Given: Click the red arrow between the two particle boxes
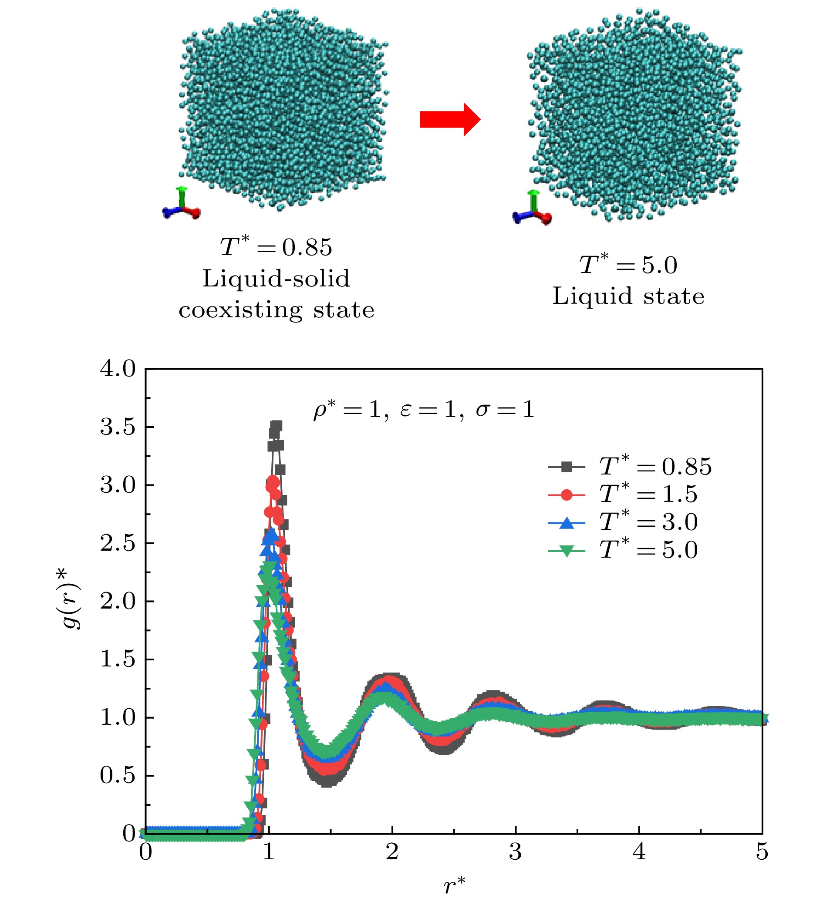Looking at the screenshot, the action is pos(450,119).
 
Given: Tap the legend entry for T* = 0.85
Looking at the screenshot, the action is pos(630,467).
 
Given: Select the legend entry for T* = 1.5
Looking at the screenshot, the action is pos(623,494).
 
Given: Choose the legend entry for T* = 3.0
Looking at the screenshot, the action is pos(623,522).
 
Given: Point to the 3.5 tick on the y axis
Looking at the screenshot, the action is pos(148,427).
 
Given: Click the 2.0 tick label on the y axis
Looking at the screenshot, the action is pos(118,602).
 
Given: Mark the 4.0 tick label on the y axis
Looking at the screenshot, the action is pos(118,369).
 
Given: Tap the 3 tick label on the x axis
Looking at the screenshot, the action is pos(516,852).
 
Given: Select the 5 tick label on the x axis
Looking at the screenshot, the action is pos(762,852).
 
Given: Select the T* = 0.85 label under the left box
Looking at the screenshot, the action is pos(276,246).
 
